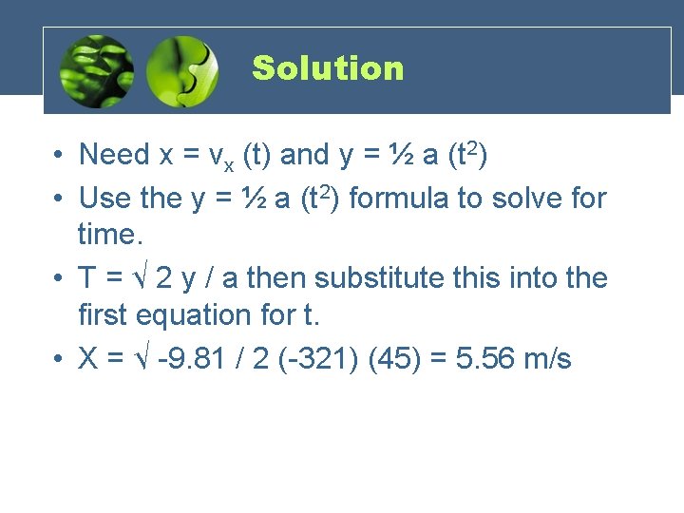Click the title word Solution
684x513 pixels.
coord(328,68)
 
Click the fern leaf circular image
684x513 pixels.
coord(96,71)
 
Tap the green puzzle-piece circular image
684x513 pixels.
coord(182,71)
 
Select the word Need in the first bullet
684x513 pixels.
coord(114,154)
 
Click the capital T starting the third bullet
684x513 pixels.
coord(87,277)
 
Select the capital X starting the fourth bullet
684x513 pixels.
coord(88,359)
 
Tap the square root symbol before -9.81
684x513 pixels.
coord(143,359)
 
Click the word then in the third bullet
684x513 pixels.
coord(277,277)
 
